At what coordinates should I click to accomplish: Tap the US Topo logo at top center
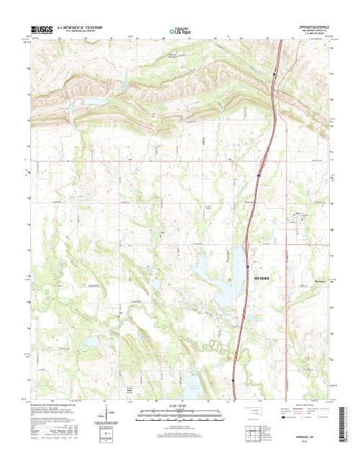(179, 31)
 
